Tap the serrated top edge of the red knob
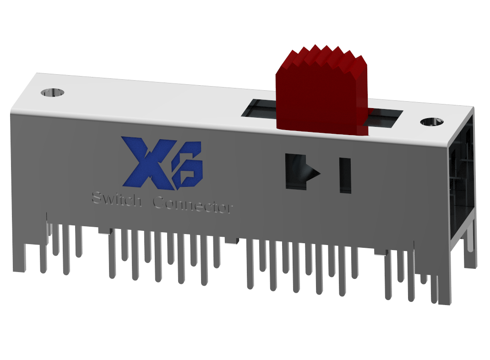click(323, 56)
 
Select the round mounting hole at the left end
click(52, 93)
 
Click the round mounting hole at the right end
click(431, 122)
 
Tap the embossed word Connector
click(193, 205)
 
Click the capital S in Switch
click(97, 199)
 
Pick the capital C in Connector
click(158, 202)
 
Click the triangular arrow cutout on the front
click(300, 172)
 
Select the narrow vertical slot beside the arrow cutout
click(345, 175)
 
